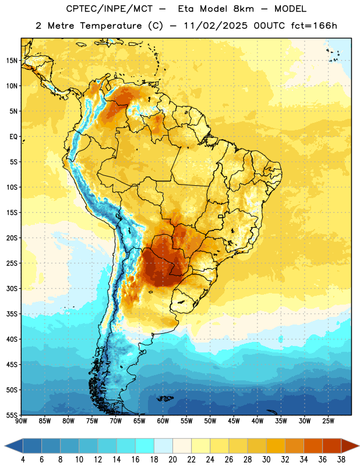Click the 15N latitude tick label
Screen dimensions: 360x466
click(x=12, y=61)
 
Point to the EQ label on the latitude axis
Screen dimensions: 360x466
click(x=13, y=137)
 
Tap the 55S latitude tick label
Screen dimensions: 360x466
click(x=12, y=415)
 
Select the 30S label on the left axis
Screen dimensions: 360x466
click(x=12, y=288)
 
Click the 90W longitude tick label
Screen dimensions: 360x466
click(x=21, y=421)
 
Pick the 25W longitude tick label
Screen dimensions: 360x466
click(x=328, y=421)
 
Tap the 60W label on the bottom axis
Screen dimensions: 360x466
click(x=163, y=421)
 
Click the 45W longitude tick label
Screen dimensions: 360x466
click(x=234, y=421)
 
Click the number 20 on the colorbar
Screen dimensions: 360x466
click(x=172, y=460)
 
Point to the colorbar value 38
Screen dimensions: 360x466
click(x=341, y=460)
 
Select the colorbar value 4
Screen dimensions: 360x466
click(x=23, y=460)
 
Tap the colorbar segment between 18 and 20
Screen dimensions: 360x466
click(x=163, y=446)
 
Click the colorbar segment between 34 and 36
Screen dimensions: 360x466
click(x=313, y=446)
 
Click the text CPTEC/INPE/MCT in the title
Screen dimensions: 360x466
click(x=109, y=9)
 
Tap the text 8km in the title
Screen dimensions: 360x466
click(x=243, y=9)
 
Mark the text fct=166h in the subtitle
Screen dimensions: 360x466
click(x=313, y=26)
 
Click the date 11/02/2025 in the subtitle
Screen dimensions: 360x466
click(x=216, y=26)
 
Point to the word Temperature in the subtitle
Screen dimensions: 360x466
click(x=111, y=26)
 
